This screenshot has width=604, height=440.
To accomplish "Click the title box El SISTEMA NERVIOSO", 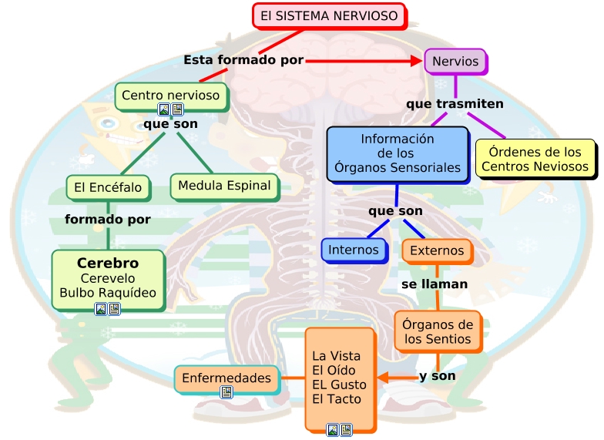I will tap(329, 15).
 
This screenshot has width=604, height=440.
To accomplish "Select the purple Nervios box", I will tap(455, 62).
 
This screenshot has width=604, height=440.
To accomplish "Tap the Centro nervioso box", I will tap(171, 96).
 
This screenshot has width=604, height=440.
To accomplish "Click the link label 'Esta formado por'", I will tap(243, 60).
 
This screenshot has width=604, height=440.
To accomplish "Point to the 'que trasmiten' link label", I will tap(455, 103).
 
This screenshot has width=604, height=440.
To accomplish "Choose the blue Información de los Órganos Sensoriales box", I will tap(397, 153).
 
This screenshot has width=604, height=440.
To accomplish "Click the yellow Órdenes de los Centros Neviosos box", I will tap(535, 160).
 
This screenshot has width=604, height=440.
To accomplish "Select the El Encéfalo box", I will tap(108, 187).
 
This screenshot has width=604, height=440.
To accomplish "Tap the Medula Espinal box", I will tap(224, 186).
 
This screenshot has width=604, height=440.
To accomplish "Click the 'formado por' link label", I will tap(107, 220).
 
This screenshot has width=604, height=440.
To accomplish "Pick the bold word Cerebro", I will tap(108, 263).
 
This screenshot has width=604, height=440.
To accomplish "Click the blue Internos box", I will tap(354, 250).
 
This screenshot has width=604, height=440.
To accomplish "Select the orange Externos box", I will tap(437, 250).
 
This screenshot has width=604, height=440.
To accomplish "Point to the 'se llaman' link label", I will tap(435, 284).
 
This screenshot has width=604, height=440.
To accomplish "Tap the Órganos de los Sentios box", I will tap(438, 331).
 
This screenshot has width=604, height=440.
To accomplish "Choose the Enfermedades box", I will tap(226, 378).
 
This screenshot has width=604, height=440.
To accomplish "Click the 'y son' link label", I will tap(437, 377).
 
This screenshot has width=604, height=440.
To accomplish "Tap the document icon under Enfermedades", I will tap(226, 392).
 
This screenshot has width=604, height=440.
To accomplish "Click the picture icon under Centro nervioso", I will tap(163, 109).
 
